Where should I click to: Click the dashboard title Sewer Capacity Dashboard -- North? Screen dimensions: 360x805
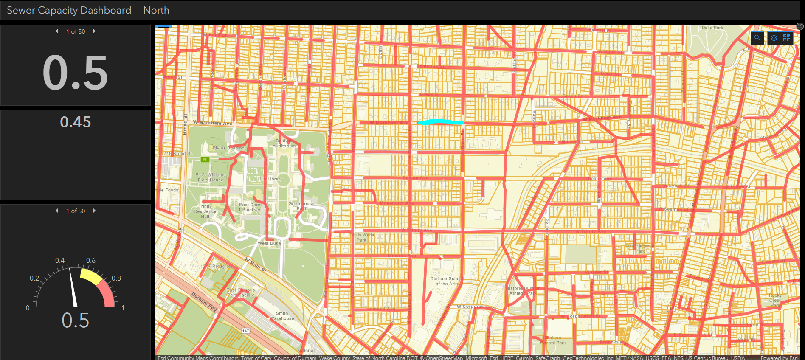click(x=88, y=10)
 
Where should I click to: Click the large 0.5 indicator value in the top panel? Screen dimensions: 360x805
click(x=75, y=73)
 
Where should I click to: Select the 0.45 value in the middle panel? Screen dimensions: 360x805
click(x=75, y=122)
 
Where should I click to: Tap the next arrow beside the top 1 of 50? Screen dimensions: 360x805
click(x=94, y=31)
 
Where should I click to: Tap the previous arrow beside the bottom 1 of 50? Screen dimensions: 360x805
click(x=57, y=211)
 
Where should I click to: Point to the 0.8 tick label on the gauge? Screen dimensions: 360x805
click(x=116, y=278)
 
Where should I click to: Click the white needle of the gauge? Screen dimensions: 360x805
click(x=73, y=287)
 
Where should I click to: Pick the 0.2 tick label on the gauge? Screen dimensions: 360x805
click(x=34, y=278)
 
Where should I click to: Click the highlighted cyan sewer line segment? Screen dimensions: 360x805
click(x=440, y=122)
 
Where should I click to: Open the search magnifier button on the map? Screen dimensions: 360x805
click(x=757, y=38)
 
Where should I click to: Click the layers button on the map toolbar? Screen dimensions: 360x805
click(x=774, y=38)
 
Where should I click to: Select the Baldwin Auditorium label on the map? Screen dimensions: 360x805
click(x=284, y=143)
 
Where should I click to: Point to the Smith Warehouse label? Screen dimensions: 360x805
click(x=281, y=316)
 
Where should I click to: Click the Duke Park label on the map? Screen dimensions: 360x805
click(x=712, y=28)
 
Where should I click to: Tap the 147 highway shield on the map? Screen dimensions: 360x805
click(x=245, y=331)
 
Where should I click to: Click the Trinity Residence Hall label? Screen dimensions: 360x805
click(x=205, y=211)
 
